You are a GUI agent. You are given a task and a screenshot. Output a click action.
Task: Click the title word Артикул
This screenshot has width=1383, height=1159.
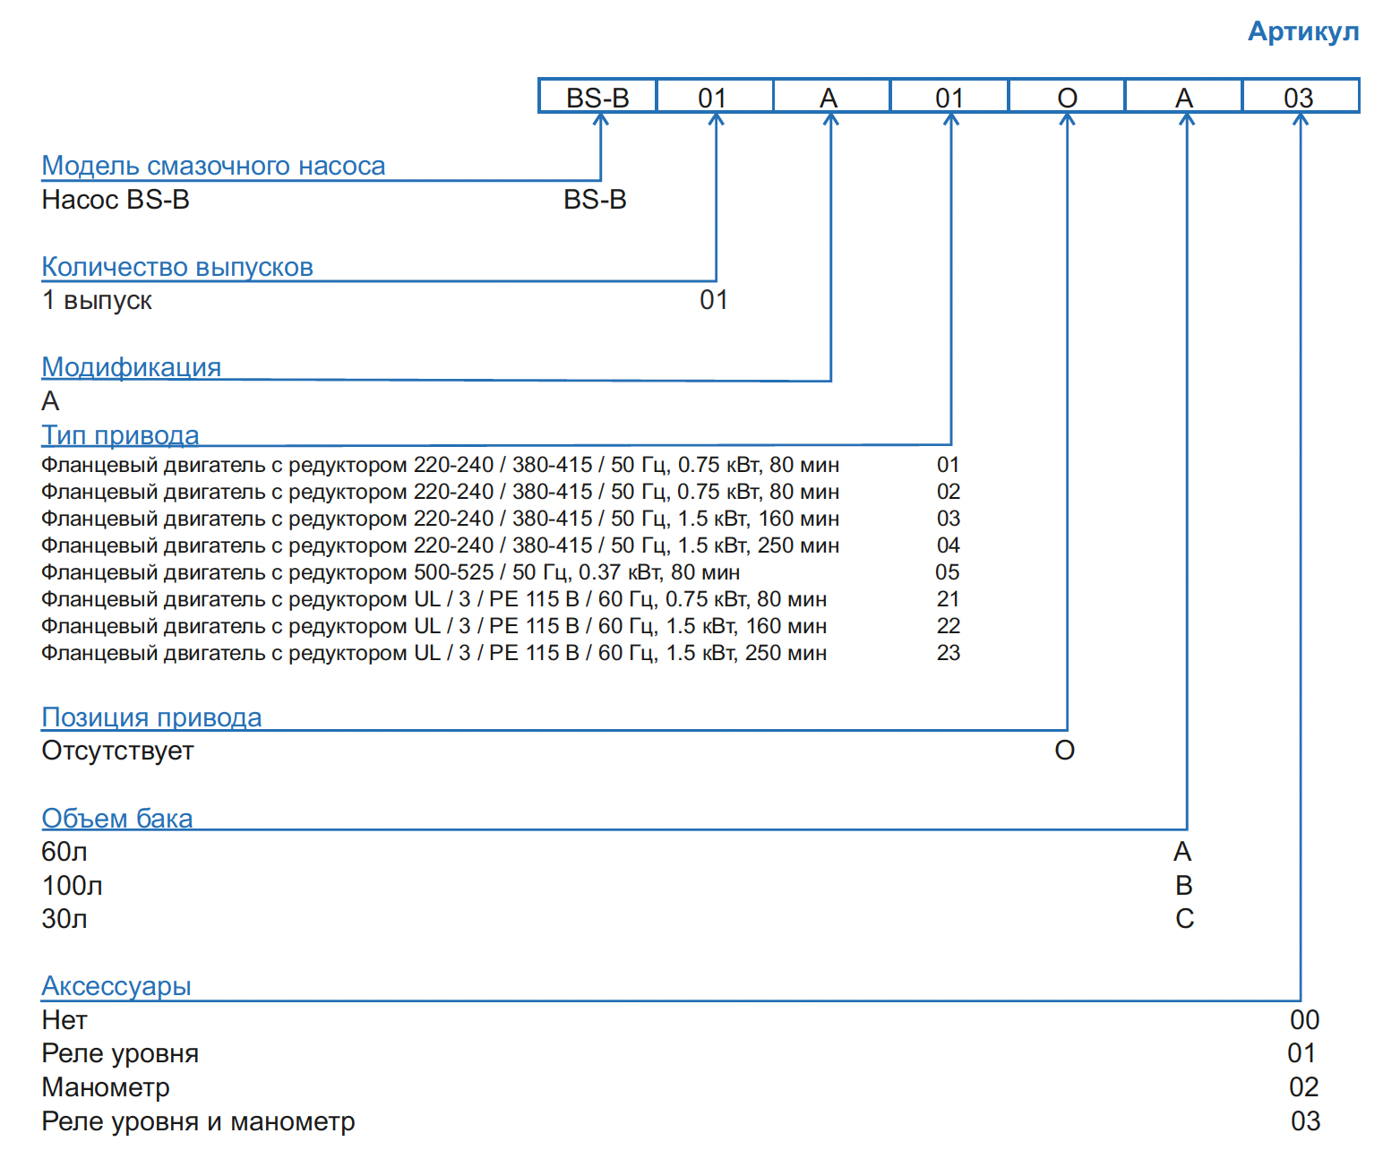[x=1303, y=31]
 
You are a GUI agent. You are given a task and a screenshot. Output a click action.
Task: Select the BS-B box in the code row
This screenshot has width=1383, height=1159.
[x=597, y=97]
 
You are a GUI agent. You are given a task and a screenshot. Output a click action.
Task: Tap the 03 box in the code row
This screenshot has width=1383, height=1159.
[x=1299, y=97]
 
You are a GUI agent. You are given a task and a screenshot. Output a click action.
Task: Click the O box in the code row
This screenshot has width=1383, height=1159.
[x=1067, y=97]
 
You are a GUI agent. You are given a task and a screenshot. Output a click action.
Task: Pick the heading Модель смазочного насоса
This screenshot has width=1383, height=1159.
[x=213, y=166]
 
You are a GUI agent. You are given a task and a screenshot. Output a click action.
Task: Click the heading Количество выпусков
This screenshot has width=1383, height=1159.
[x=177, y=267]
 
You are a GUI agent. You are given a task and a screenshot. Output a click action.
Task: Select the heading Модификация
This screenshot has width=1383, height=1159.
[x=131, y=367]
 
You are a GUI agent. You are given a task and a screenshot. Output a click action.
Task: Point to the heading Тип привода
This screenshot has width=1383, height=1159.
[x=120, y=435]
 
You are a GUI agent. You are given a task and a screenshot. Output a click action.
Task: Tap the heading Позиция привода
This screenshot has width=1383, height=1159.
[x=151, y=717]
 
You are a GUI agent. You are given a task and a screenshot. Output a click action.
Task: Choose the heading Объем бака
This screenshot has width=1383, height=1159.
[x=116, y=819]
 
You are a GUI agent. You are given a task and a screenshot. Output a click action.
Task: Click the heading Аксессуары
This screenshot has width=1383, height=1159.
[x=116, y=986]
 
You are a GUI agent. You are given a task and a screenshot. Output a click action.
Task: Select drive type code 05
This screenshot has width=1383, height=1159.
[x=948, y=572]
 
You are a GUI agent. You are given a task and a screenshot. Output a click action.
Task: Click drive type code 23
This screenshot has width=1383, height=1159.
[x=948, y=653]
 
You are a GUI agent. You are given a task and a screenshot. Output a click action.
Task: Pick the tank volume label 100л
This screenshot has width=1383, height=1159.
[x=72, y=886]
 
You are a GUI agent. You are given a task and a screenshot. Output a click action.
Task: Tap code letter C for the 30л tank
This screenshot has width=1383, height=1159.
[x=1184, y=919]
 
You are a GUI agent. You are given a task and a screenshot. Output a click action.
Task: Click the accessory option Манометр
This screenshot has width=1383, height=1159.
[x=106, y=1087]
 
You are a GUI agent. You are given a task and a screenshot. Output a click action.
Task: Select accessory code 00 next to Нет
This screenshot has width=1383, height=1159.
[x=1304, y=1020]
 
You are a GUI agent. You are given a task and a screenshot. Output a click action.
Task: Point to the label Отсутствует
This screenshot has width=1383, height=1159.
[x=117, y=751]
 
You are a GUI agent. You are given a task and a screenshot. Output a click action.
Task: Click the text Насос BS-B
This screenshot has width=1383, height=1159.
[x=116, y=200]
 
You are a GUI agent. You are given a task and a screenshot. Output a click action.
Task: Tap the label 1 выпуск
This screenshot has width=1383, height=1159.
[x=97, y=300]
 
